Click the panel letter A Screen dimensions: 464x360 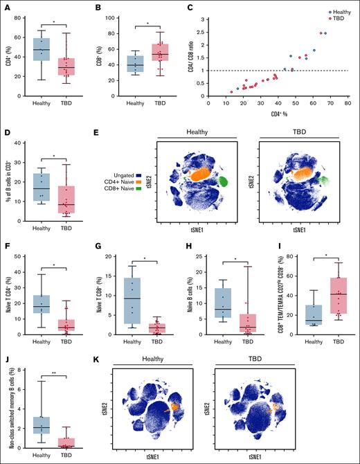point(5,7)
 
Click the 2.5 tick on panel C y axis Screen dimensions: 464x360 point(203,33)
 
